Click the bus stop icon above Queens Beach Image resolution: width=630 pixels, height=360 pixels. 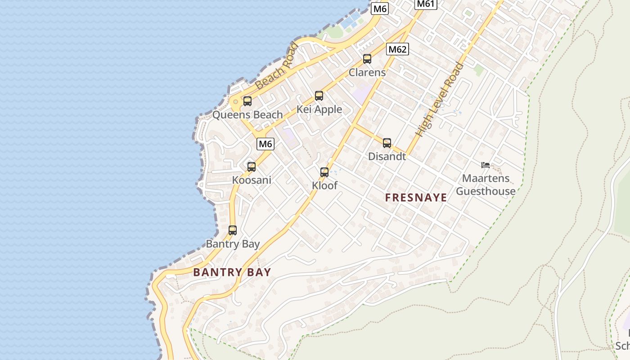pos(247,101)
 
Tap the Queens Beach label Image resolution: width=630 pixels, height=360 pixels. pos(247,115)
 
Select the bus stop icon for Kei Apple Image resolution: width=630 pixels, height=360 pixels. pos(319,96)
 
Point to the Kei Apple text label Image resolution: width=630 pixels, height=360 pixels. pos(319,109)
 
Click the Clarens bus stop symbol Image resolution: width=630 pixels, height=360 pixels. pos(367,59)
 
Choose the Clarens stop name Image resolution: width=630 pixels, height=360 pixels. pos(367,72)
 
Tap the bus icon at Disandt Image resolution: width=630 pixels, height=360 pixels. pos(387,143)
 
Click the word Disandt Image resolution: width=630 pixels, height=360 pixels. pos(387,157)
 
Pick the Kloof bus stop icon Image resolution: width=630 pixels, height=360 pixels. pos(324,172)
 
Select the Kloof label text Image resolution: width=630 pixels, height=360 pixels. pos(324,185)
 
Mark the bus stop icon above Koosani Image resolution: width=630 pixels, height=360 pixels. pos(252,167)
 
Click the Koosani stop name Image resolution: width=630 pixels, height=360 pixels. pos(252,180)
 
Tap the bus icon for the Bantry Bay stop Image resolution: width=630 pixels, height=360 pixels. pos(233,230)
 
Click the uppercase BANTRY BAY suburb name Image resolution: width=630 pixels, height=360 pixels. pos(232,272)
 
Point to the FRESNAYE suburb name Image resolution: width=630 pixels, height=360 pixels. pos(416,198)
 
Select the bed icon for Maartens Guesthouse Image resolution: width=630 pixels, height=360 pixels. pos(486,165)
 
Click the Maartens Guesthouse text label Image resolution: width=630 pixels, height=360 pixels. pos(486,184)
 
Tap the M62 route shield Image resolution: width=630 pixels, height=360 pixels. pos(398,49)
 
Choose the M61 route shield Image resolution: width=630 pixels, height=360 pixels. pos(425,4)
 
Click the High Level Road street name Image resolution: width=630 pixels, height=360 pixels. pos(440,100)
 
